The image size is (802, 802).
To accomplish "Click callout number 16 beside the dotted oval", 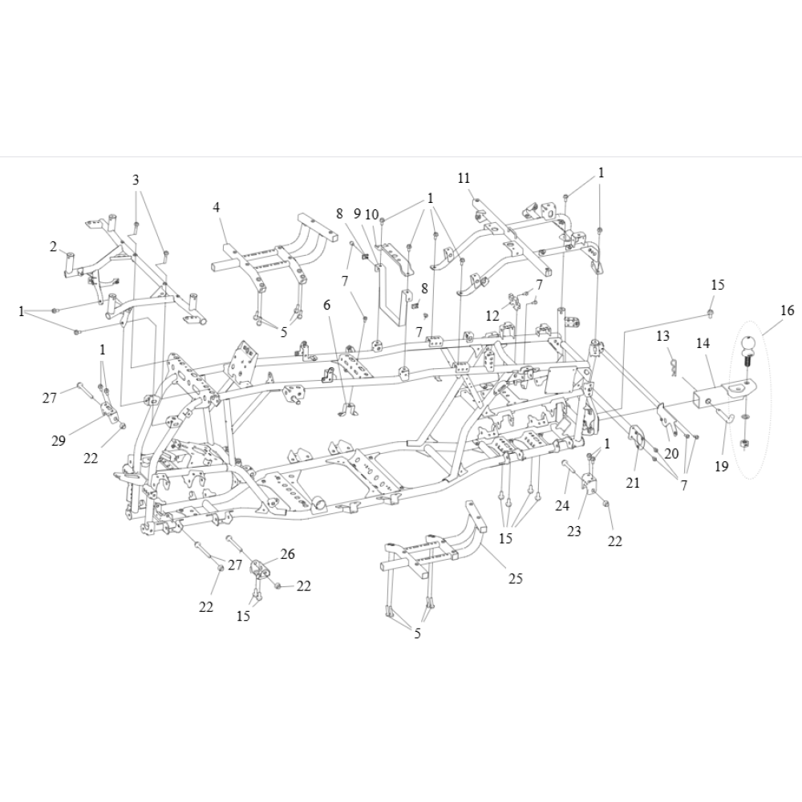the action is (x=788, y=310).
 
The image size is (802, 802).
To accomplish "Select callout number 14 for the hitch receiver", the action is (x=703, y=343).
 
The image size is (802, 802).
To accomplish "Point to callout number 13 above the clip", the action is (x=662, y=336).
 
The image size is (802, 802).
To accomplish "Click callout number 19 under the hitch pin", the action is (x=721, y=466).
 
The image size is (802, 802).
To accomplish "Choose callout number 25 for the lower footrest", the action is (x=516, y=578).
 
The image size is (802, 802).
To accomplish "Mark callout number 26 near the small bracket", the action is (x=287, y=554).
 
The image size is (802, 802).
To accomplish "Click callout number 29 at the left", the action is (x=59, y=440).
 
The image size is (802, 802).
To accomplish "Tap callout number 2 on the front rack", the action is (x=53, y=246).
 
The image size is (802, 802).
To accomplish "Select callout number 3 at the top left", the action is (x=136, y=180).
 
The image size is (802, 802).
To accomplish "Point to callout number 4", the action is (x=217, y=207).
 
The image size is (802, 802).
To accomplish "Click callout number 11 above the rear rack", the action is (x=464, y=178).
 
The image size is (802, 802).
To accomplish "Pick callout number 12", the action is (x=492, y=316).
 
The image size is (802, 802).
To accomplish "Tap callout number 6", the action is (x=327, y=305).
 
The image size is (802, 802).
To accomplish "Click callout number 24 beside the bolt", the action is (x=562, y=505).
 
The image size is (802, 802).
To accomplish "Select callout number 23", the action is (x=574, y=531).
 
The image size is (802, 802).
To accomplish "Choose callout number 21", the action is (x=633, y=482).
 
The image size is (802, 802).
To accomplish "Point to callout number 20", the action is (x=671, y=453).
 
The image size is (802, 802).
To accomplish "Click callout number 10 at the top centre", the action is (x=372, y=214).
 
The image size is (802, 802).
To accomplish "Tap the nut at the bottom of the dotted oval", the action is (x=745, y=444).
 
